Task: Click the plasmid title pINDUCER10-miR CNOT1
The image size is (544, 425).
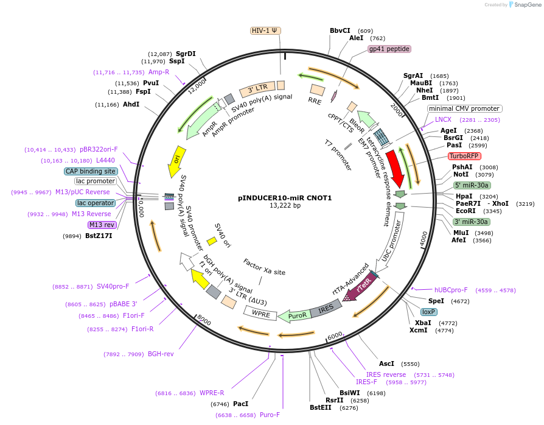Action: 285,198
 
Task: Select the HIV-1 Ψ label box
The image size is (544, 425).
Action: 265,30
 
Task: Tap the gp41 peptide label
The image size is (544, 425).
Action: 389,49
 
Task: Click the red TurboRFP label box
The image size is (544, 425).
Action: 464,156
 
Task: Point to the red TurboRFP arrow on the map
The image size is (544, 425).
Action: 396,169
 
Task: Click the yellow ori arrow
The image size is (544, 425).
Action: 176,162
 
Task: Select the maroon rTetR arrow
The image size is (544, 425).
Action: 360,287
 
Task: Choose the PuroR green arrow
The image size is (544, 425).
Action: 295,315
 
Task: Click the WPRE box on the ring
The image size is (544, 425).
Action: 260,313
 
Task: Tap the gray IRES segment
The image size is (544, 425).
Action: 326,308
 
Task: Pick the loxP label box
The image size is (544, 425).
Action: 428,312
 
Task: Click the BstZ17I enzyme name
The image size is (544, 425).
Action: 99,236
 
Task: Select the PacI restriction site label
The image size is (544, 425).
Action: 241,404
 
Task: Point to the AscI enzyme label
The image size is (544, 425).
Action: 386,364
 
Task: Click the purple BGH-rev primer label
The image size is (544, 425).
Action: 161,354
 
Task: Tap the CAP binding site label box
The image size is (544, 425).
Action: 91,171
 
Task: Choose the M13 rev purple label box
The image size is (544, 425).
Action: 102,225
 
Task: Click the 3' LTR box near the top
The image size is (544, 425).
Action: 257,90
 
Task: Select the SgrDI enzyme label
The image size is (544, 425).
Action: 186,54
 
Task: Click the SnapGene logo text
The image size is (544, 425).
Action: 528,4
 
